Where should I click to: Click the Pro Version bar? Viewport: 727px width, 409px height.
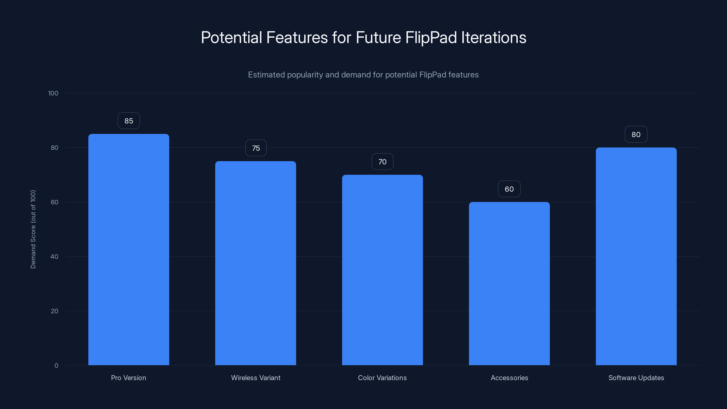[129, 250]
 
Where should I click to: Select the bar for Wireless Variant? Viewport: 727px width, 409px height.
[255, 263]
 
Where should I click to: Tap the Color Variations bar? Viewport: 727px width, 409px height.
[382, 270]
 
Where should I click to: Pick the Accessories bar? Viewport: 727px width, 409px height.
[509, 284]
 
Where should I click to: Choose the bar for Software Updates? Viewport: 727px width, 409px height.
[636, 256]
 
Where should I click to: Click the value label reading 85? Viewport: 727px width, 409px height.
[129, 121]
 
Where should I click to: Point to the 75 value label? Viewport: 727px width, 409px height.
[256, 148]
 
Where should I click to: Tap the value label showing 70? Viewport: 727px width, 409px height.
[382, 162]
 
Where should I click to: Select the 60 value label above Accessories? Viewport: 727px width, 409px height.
[509, 189]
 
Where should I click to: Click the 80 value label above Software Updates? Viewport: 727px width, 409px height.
[636, 135]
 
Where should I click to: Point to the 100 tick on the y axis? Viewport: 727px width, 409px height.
[53, 93]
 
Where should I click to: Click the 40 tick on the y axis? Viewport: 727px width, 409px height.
[55, 257]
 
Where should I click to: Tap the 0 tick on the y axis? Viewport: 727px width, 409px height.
[56, 366]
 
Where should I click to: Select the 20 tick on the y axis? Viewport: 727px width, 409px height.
[55, 311]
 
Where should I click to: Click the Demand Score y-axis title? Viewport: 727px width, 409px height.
[33, 229]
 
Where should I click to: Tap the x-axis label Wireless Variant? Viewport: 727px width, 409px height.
[256, 378]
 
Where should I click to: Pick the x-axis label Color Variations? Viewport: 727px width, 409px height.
[382, 378]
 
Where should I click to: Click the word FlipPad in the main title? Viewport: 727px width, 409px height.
[431, 37]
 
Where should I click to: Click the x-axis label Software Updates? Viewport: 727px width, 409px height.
[636, 378]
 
